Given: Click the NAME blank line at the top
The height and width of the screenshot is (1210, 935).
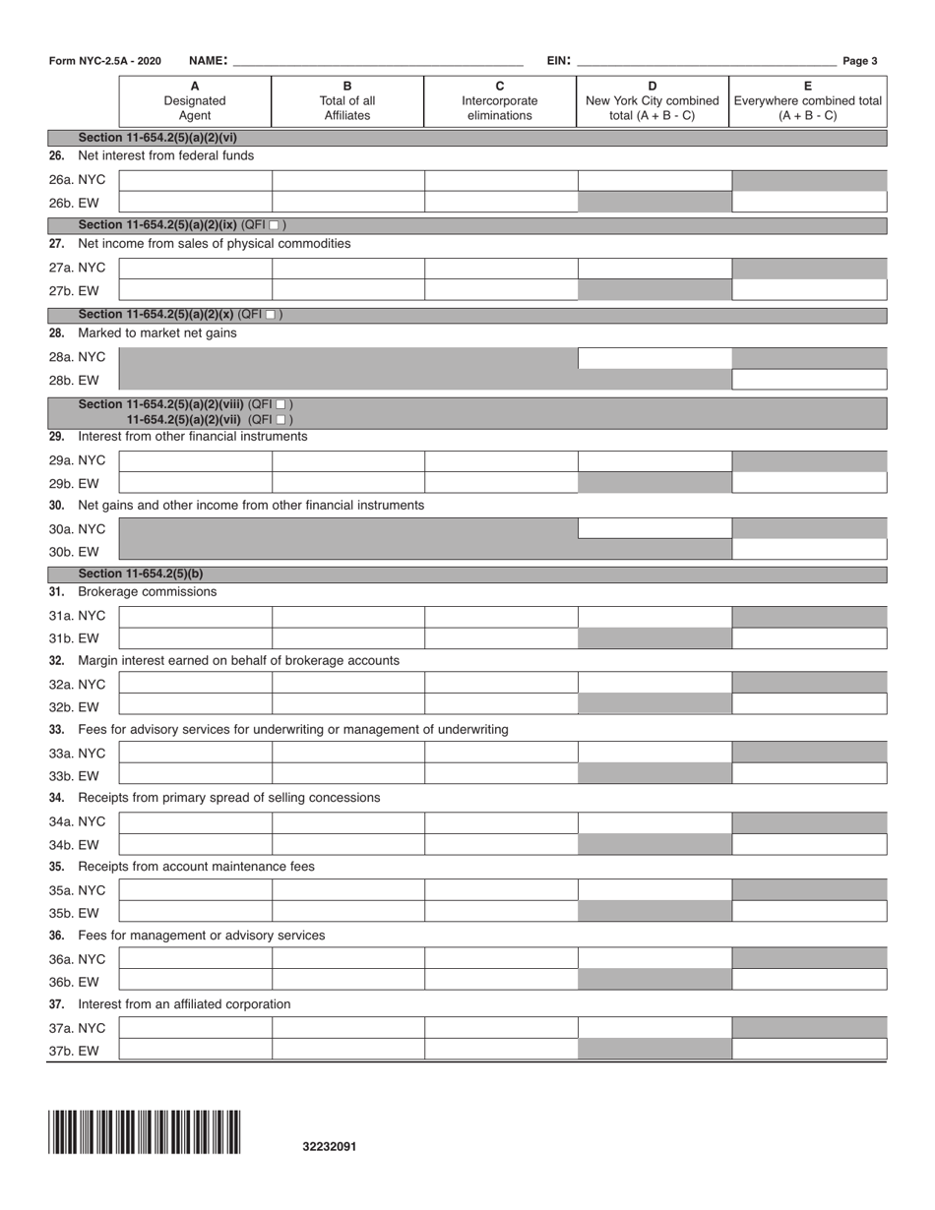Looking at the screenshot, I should tap(379, 61).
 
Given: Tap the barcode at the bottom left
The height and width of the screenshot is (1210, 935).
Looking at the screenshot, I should tap(144, 1131).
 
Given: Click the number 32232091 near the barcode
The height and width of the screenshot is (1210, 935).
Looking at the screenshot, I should tap(330, 1146).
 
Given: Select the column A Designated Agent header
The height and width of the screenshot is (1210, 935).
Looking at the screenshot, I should tap(195, 100).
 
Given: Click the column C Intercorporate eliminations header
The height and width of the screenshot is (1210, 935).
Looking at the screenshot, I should tap(500, 100).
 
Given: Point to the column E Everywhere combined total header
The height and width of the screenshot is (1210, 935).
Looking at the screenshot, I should tap(807, 100).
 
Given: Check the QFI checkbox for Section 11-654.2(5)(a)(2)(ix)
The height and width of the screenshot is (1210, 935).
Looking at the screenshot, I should tap(275, 225).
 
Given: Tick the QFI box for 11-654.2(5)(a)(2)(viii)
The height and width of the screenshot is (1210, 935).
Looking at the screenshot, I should tap(281, 404).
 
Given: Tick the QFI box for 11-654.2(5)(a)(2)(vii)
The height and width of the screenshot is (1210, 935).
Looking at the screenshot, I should tap(281, 420).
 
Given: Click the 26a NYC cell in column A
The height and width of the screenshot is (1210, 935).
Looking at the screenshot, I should tap(195, 180).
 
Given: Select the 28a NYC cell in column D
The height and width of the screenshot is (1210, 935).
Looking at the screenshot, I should tap(654, 357).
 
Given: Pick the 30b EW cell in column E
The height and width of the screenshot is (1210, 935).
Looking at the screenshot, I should tap(809, 549).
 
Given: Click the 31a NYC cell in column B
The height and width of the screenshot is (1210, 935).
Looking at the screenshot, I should tap(347, 617).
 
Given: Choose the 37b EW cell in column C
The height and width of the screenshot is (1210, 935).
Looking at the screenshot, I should tap(500, 1049).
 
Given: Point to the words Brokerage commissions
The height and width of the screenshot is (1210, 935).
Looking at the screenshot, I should tap(147, 592).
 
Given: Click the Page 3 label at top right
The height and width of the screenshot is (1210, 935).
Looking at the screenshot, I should tap(860, 61).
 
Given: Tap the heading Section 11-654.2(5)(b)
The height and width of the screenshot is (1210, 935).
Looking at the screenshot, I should tap(141, 574).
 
